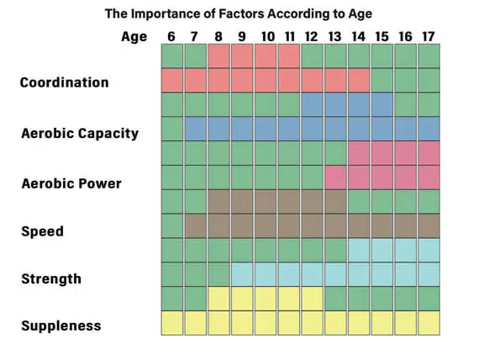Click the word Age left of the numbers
[134, 36]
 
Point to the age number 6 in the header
[172, 36]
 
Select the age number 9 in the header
[242, 36]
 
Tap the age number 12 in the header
[312, 36]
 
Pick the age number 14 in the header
[359, 36]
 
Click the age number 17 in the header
[429, 36]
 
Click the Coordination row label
[65, 82]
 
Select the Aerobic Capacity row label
[80, 133]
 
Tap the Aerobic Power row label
[71, 183]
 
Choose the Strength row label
[50, 278]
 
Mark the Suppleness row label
[60, 326]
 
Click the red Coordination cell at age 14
[359, 80]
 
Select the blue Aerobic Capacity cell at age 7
[196, 129]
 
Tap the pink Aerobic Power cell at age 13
[335, 177]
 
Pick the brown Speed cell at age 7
[196, 225]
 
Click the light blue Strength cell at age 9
[242, 274]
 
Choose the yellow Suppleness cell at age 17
[429, 322]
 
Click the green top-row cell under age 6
[172, 56]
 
